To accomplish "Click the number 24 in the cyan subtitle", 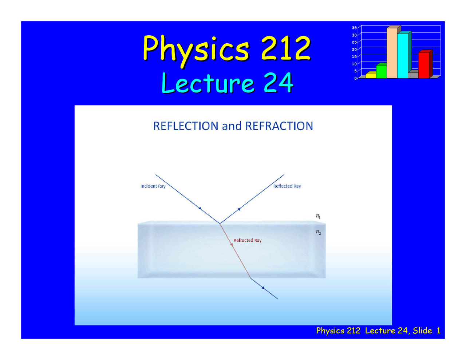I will [x=278, y=83].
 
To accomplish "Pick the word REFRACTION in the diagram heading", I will [x=279, y=126].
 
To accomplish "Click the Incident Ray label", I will [x=153, y=186].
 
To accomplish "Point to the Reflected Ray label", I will [x=287, y=186].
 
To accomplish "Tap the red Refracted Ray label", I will [x=248, y=240].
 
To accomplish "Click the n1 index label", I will [x=318, y=216].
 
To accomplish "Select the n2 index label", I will [x=318, y=232].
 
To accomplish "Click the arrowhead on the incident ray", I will [x=200, y=208].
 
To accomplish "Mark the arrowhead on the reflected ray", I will [x=239, y=209].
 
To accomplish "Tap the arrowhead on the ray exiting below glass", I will [x=263, y=288].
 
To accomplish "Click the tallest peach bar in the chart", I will [x=392, y=53].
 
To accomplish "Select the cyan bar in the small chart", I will [x=402, y=56].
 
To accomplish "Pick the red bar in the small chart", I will [x=423, y=65].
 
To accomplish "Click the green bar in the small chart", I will [x=381, y=71].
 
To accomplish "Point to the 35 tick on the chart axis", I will [x=354, y=28].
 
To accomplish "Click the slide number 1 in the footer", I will [x=438, y=331].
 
